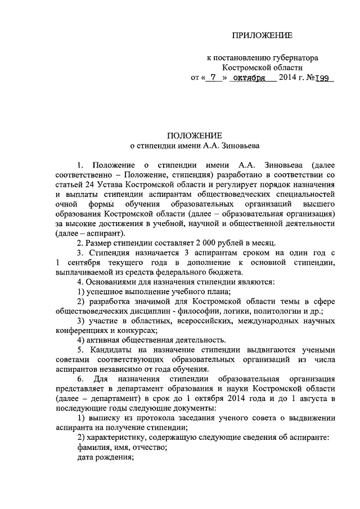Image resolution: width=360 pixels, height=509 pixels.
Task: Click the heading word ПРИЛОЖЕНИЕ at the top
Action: click(263, 36)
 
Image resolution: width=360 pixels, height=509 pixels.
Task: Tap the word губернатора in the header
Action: click(292, 57)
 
